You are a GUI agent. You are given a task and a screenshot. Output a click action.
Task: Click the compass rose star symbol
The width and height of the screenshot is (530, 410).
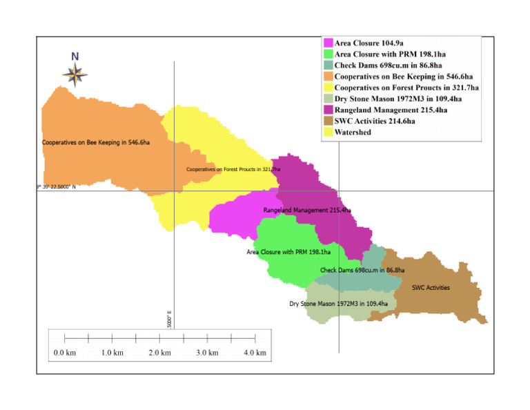point(75,72)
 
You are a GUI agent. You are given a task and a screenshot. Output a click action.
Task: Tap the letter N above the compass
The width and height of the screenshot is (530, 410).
point(75,56)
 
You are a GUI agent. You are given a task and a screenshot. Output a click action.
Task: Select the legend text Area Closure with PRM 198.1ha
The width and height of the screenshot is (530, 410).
point(391,55)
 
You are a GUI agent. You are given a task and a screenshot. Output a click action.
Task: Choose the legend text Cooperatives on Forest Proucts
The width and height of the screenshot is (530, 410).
point(406,88)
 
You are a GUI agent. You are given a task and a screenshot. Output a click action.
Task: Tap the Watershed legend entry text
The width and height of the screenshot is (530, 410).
point(353,132)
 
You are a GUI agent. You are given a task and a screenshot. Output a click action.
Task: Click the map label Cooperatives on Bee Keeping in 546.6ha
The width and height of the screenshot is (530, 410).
point(96,143)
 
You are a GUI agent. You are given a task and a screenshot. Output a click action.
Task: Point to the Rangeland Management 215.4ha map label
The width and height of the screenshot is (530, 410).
point(307,209)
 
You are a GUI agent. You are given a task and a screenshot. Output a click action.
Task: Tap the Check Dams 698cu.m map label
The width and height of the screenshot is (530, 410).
point(362,270)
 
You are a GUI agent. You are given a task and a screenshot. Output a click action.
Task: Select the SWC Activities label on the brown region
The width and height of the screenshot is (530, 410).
point(430,288)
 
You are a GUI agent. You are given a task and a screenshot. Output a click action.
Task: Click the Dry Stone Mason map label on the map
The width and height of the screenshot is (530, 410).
point(338,303)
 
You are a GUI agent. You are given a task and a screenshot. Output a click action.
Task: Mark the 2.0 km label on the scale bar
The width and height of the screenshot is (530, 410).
point(159,353)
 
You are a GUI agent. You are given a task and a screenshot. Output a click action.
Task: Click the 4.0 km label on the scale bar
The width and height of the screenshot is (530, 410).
point(255,353)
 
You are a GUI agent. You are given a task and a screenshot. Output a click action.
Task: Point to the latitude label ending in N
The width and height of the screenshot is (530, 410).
point(55,187)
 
